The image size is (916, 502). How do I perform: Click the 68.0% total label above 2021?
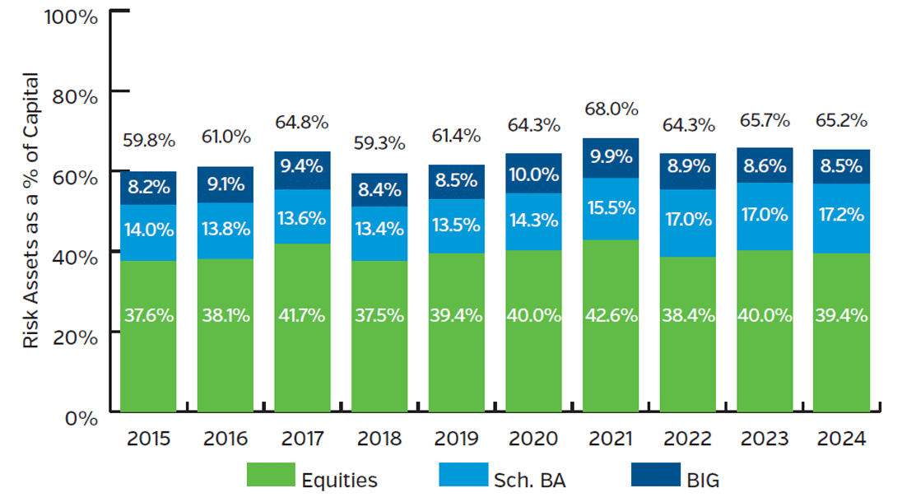[611, 109]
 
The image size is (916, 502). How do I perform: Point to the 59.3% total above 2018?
[379, 143]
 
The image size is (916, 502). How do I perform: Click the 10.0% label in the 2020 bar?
[533, 174]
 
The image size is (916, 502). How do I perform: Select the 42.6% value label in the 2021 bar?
[611, 315]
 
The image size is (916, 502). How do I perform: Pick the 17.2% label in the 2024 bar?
[842, 216]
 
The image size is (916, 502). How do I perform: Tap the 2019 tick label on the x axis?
[457, 439]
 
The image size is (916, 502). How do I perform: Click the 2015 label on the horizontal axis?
[149, 439]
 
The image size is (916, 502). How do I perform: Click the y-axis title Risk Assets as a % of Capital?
[31, 211]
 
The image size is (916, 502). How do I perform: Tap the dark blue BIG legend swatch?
[653, 476]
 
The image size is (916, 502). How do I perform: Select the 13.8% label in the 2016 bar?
[226, 230]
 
